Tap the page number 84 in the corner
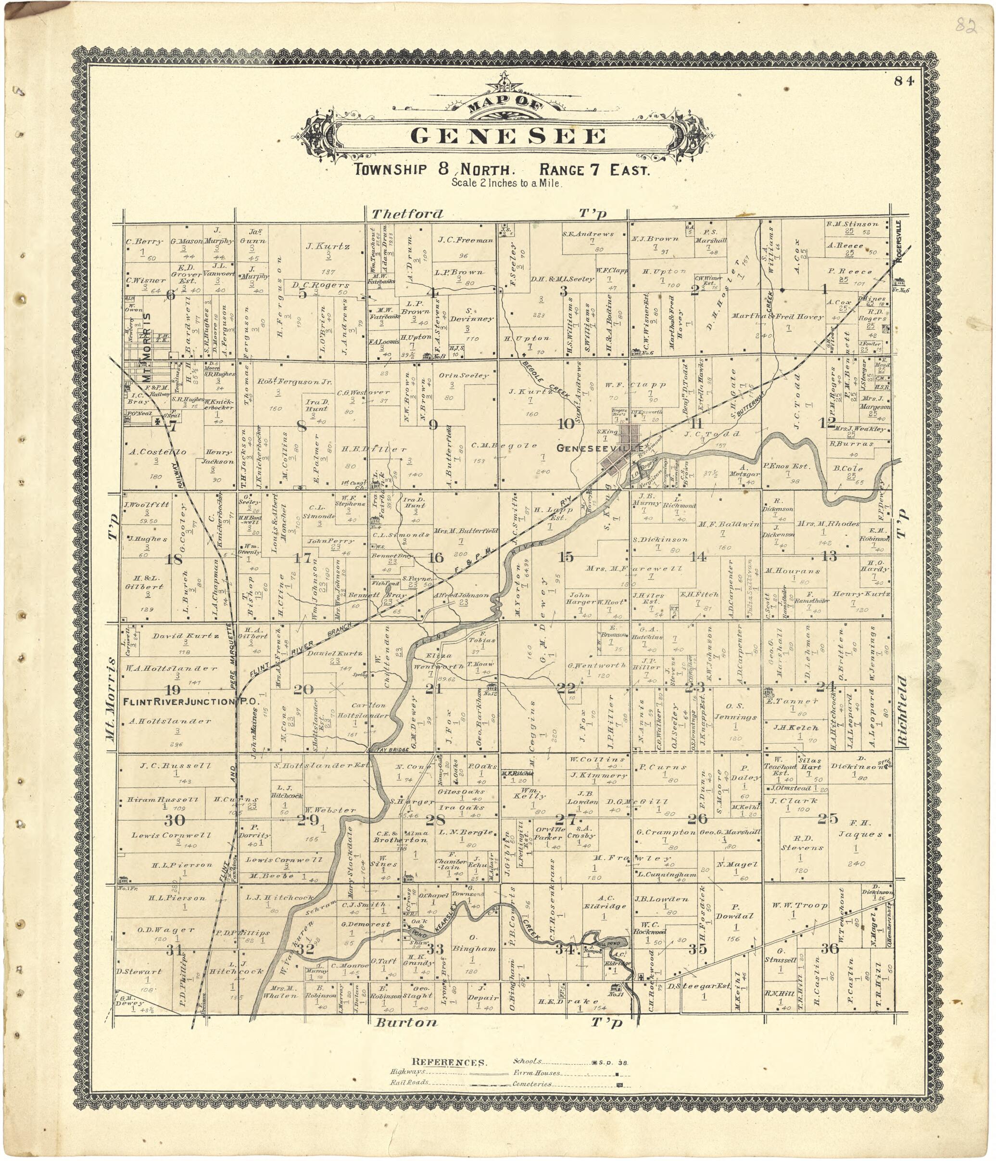(903, 81)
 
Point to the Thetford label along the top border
(407, 214)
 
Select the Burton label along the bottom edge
(405, 1022)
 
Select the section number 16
(435, 557)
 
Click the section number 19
(172, 689)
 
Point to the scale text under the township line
(506, 183)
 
